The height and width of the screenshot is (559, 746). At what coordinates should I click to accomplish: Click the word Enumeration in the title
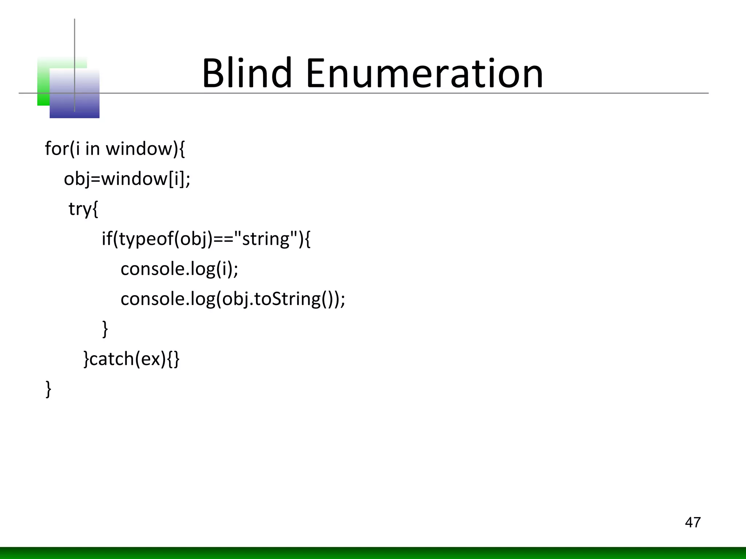click(x=424, y=74)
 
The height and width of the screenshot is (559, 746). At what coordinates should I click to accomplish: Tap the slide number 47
click(x=692, y=522)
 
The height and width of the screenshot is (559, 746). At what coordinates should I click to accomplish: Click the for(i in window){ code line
click(x=115, y=149)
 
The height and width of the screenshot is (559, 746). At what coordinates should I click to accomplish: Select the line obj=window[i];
click(x=127, y=179)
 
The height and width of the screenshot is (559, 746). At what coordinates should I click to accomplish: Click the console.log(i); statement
click(x=179, y=269)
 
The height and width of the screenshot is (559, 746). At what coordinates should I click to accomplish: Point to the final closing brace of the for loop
click(x=48, y=389)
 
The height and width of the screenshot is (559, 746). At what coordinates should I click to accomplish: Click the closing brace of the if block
click(x=105, y=329)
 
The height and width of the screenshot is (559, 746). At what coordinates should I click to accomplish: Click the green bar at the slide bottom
click(x=373, y=553)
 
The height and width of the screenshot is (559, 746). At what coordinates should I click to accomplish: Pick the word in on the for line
click(x=92, y=149)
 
